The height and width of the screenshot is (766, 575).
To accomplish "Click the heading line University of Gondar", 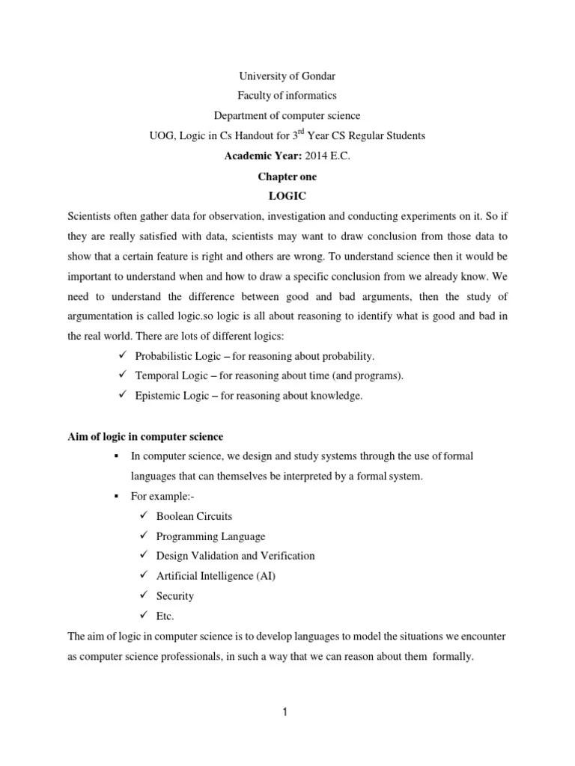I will click(287, 76).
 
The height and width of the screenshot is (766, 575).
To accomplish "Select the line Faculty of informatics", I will click(287, 96).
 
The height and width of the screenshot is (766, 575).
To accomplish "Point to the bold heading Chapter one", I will click(287, 176).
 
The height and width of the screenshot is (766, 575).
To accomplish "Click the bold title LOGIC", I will click(287, 196).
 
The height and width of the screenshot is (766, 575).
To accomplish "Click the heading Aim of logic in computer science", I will click(145, 437).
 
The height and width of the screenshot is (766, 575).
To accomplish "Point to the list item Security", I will click(174, 596).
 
